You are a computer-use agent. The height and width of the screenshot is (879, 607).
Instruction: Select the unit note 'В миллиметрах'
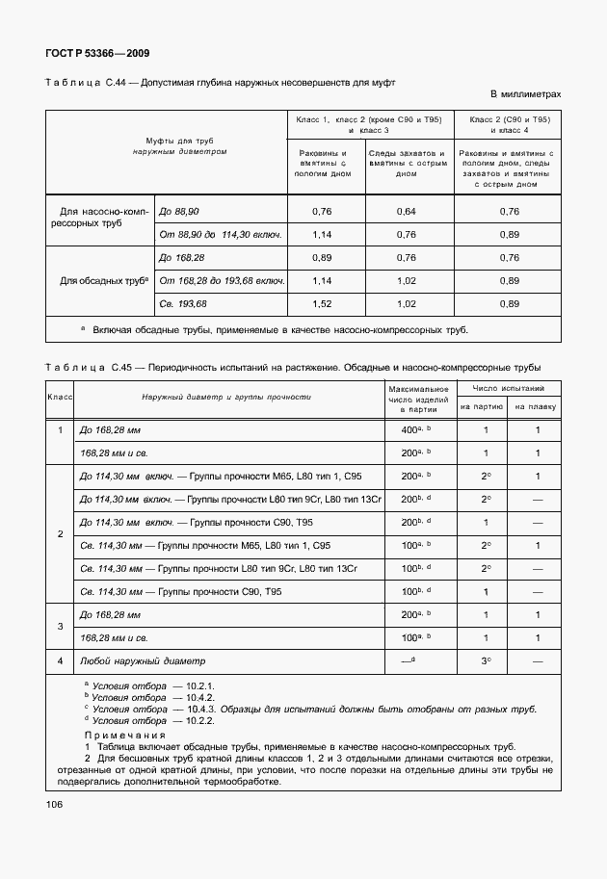[x=526, y=94]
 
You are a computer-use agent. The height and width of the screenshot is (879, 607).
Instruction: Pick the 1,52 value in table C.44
[x=323, y=304]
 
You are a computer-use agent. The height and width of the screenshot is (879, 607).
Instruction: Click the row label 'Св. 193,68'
[x=183, y=304]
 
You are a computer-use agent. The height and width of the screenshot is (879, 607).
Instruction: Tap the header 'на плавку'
[x=536, y=407]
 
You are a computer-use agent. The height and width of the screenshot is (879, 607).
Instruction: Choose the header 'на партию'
[x=486, y=407]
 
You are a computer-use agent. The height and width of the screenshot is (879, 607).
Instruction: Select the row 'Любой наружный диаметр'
[x=143, y=661]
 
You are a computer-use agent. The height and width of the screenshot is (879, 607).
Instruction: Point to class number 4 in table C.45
[x=60, y=661]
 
